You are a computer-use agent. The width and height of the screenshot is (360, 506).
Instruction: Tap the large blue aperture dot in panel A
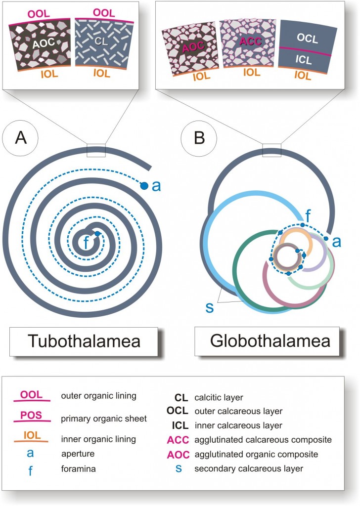click(x=144, y=186)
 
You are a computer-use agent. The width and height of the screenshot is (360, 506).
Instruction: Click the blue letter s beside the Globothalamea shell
click(x=209, y=307)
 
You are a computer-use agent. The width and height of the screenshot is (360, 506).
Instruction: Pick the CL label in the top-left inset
click(x=101, y=43)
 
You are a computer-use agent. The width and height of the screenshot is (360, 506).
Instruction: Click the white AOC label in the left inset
click(x=43, y=44)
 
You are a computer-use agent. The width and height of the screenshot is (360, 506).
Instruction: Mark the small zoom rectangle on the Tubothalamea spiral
click(x=96, y=150)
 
